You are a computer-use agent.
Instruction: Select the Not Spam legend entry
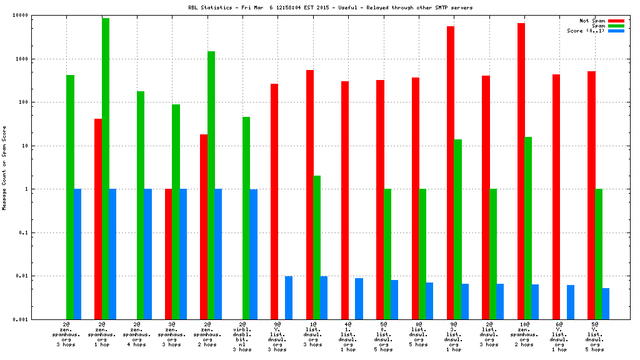point(592,20)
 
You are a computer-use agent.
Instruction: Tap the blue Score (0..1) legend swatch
point(616,31)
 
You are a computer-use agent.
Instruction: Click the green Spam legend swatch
point(616,26)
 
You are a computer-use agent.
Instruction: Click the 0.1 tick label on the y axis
point(41,232)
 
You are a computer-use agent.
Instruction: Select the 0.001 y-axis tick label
point(37,319)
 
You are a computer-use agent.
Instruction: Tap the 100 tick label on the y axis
point(41,102)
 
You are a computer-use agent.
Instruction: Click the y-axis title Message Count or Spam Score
point(5,167)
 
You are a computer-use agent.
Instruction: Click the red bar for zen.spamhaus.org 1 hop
point(98,219)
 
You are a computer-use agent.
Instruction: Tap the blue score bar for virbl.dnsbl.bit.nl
point(254,254)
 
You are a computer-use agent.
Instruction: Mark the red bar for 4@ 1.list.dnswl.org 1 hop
point(345,200)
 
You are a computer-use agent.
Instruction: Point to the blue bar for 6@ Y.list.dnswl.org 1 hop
point(571,302)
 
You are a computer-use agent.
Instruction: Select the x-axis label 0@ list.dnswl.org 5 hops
point(418,335)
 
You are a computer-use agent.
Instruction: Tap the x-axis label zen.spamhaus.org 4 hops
point(136,335)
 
